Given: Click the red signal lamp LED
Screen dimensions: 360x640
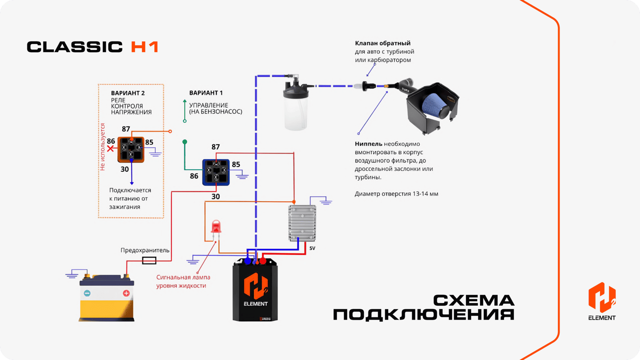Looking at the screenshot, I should click(x=216, y=227).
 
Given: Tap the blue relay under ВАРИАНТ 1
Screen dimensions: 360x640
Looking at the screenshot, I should click(x=216, y=172).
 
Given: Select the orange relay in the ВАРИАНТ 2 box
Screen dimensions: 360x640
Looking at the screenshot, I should click(x=131, y=150).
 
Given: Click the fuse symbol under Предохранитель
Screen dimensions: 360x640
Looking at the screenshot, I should click(x=149, y=261).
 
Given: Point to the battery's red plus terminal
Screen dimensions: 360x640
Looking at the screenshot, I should click(x=126, y=293).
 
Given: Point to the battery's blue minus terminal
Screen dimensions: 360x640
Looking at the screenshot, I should click(x=87, y=293).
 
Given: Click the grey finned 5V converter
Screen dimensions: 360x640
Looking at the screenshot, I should click(x=302, y=223).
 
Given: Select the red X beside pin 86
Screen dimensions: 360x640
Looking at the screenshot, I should click(x=110, y=149).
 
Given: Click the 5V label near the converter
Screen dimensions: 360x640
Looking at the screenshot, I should click(x=312, y=248).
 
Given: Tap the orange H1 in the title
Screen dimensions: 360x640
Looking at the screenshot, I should click(x=144, y=47).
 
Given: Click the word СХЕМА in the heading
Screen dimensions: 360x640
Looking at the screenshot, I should click(x=474, y=301).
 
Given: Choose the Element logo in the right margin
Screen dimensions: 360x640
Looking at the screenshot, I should click(x=602, y=301).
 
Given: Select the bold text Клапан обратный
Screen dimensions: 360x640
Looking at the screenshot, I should click(x=382, y=43).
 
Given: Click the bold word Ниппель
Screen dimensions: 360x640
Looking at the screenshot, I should click(x=368, y=144).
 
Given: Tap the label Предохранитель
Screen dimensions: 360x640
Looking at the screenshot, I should click(x=145, y=250).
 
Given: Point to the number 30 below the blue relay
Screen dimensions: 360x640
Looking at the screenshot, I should click(x=216, y=197).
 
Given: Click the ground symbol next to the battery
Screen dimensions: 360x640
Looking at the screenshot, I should click(x=72, y=274).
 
